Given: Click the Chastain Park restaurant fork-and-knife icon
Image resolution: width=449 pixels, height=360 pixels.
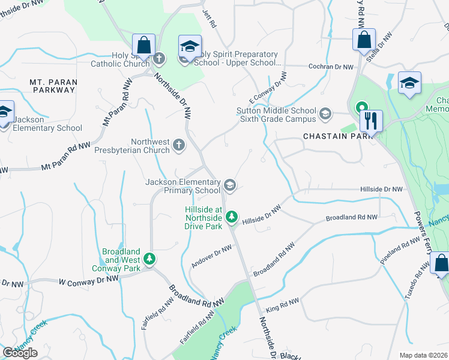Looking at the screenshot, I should coord(371,121).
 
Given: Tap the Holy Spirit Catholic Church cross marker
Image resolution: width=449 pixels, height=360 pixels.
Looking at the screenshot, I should coord(159,59).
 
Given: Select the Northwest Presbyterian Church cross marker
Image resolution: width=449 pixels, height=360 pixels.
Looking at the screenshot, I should coord(178,145).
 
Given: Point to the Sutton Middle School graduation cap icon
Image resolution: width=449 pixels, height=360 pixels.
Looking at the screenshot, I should coord(325,113).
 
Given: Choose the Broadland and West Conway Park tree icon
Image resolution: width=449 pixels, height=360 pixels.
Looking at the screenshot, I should coord(149,260).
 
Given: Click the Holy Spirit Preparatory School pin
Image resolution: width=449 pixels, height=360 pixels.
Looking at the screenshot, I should coord(190,46).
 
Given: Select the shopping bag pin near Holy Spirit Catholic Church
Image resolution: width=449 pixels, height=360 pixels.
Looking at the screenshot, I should coord(143,44).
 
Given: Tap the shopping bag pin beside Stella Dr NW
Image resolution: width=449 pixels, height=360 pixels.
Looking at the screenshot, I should coord(364,40).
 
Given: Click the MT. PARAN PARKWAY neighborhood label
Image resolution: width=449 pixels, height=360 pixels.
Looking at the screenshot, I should coord(53,85).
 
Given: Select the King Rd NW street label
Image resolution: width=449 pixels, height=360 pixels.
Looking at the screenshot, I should coord(282,306).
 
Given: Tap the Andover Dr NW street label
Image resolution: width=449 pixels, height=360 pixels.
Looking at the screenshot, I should coord(211,257).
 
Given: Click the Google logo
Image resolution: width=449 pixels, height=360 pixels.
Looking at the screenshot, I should coord(20,352).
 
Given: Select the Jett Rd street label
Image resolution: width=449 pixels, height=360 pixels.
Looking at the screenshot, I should coord(209,20).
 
